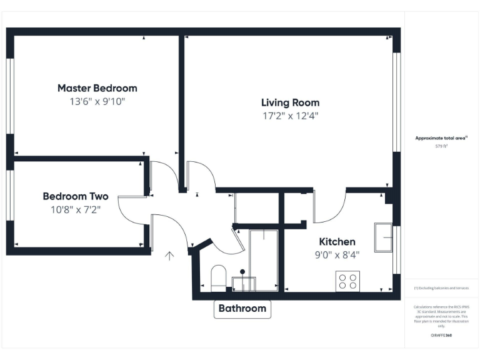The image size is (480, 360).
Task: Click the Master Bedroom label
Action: click(x=97, y=88)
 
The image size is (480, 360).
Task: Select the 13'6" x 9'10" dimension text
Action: click(x=97, y=101)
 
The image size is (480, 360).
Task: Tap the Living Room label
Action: click(x=290, y=102)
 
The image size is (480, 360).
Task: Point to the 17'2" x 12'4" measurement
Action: click(x=290, y=116)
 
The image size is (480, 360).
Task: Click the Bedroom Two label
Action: click(x=76, y=196)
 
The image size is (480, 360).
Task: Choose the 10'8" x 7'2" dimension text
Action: click(x=76, y=209)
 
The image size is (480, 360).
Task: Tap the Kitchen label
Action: click(x=337, y=242)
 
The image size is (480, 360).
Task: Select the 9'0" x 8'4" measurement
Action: click(x=337, y=254)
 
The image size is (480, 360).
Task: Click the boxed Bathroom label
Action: click(x=242, y=308)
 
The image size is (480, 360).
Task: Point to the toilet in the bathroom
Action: click(x=218, y=278)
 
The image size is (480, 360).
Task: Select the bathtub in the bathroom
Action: click(x=263, y=259)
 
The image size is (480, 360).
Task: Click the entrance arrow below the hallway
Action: click(x=169, y=255)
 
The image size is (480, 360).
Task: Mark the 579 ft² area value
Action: click(x=441, y=146)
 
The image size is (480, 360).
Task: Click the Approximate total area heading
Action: click(x=441, y=138)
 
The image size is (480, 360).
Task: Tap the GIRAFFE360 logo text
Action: click(x=441, y=336)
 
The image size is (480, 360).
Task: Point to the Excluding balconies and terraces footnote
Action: click(x=441, y=288)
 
